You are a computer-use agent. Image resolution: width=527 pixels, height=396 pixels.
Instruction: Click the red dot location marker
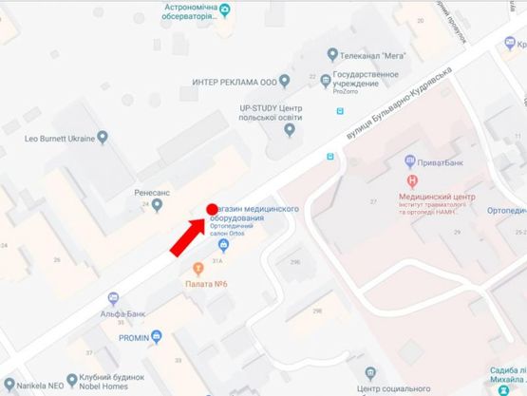pos(212,209)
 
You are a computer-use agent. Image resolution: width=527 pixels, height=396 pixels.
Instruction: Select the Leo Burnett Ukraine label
pos(60,139)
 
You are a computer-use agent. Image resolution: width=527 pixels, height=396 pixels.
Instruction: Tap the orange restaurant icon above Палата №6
pos(198,270)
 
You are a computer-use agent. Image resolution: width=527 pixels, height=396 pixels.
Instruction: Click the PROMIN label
pos(135,336)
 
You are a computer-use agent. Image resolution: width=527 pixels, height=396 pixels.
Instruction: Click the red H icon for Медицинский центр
pos(411,180)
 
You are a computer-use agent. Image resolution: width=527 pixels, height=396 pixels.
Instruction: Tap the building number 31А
pos(217,260)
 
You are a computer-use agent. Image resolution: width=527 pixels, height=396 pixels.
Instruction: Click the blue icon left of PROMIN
pos(157,336)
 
